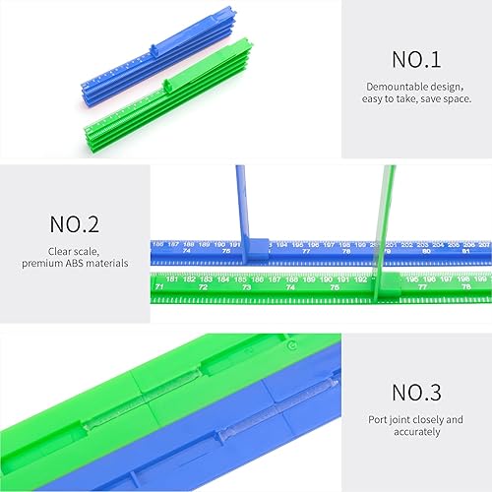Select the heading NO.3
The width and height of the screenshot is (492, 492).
417,392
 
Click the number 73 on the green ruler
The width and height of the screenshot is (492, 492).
246,287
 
